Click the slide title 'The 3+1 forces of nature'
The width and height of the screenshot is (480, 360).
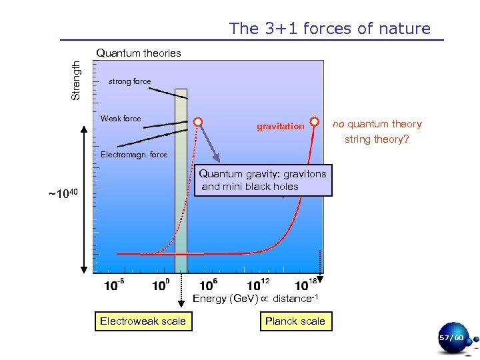tap(330, 29)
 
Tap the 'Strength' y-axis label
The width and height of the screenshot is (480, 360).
tap(76, 80)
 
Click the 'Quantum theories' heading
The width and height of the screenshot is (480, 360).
tap(139, 53)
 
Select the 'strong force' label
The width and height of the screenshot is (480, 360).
tap(129, 81)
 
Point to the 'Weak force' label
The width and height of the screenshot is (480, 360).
tap(121, 119)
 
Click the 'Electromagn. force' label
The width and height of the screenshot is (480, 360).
tap(134, 155)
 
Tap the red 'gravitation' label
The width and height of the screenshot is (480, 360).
tap(280, 127)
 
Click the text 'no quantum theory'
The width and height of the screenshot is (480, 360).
tap(377, 124)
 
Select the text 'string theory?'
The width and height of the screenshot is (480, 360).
tap(377, 140)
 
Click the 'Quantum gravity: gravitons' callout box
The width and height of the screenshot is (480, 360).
tap(263, 180)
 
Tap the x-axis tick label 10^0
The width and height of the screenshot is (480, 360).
tap(161, 286)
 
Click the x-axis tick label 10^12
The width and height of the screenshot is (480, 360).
tap(259, 286)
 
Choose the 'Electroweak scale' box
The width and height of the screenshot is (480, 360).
tap(143, 321)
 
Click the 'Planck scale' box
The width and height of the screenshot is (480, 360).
tap(295, 321)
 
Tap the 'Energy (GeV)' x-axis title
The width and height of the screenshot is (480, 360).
tap(259, 299)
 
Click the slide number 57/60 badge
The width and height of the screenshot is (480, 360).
tap(451, 339)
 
